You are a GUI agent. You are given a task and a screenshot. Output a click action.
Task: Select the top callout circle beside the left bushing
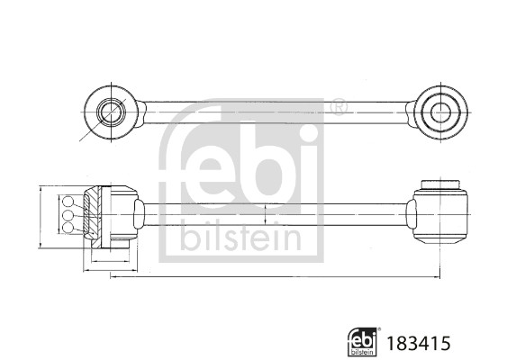click(x=67, y=202)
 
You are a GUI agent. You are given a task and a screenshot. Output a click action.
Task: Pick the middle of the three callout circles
click(x=67, y=216)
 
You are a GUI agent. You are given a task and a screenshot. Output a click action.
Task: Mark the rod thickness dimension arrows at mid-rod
click(x=267, y=216)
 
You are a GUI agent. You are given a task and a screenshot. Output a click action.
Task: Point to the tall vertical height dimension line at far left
click(x=41, y=216)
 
